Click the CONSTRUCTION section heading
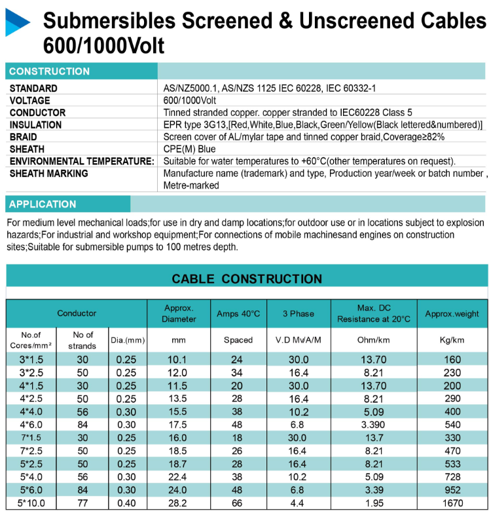[x=49, y=71]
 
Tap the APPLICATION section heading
[x=43, y=204]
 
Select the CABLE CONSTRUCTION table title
[x=247, y=279]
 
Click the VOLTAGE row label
[x=29, y=100]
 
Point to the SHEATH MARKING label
[x=49, y=174]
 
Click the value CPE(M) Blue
[x=189, y=149]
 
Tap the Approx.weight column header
[x=452, y=314]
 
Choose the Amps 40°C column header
[x=238, y=314]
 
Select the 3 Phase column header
[x=298, y=314]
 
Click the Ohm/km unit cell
[x=374, y=340]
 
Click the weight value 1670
[x=452, y=503]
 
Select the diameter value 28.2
[x=178, y=503]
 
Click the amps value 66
[x=238, y=503]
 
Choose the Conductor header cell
[x=77, y=314]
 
